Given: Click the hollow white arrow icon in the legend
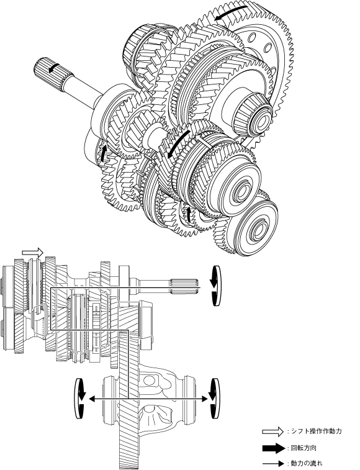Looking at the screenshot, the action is click(x=272, y=432).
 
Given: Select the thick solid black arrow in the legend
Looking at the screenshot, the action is click(x=273, y=448).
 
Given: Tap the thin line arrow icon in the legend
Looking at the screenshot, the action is click(x=273, y=463).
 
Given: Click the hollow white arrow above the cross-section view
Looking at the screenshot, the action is click(x=33, y=252).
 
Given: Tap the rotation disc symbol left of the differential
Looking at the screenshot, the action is click(x=79, y=399).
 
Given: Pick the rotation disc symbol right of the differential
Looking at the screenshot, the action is click(x=215, y=399).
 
